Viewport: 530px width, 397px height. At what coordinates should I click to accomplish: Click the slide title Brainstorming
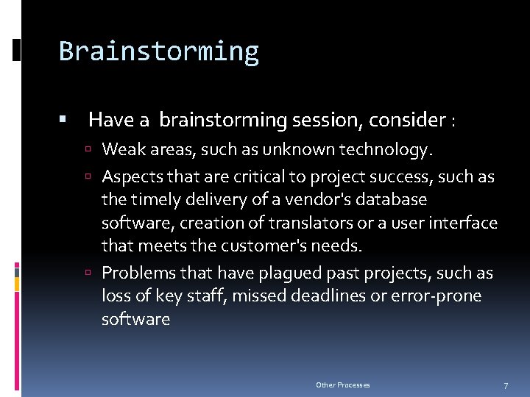tap(159, 51)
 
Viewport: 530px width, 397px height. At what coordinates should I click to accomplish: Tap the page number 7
tap(506, 385)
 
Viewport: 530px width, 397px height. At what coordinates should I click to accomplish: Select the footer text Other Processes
tap(342, 385)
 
